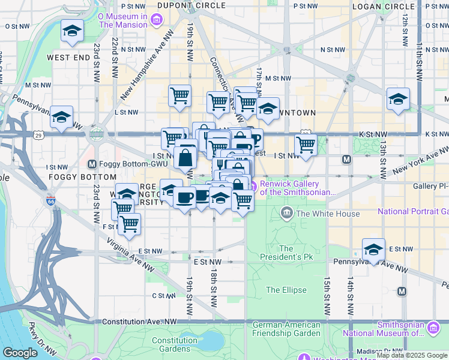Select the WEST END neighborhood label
click(x=68, y=58)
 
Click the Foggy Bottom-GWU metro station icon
click(x=92, y=164)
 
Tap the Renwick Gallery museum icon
click(x=255, y=187)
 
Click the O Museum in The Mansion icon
click(x=157, y=20)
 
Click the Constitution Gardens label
click(x=175, y=344)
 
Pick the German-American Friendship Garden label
click(x=286, y=328)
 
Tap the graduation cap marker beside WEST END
click(x=72, y=31)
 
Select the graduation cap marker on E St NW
click(x=373, y=249)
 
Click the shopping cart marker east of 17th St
click(x=306, y=145)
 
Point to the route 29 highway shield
click(x=38, y=136)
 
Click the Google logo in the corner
click(x=20, y=353)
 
